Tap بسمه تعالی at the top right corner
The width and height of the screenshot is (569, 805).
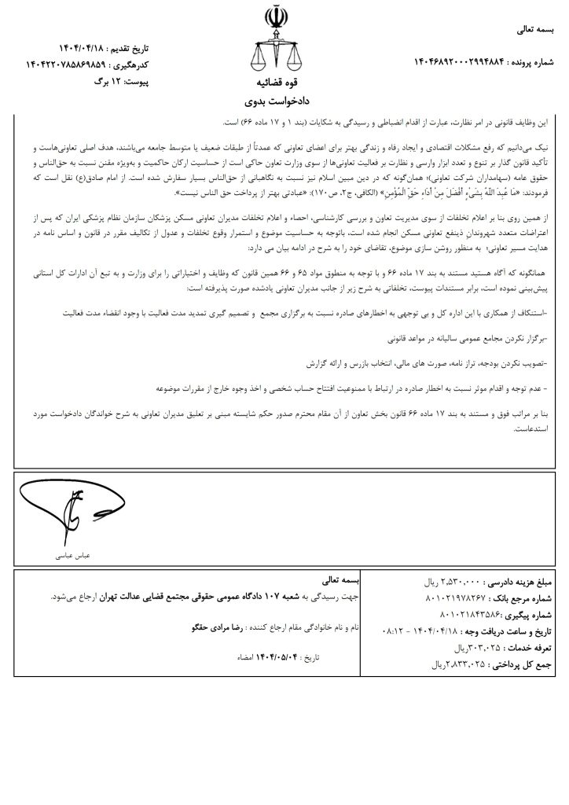(x=534, y=31)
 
